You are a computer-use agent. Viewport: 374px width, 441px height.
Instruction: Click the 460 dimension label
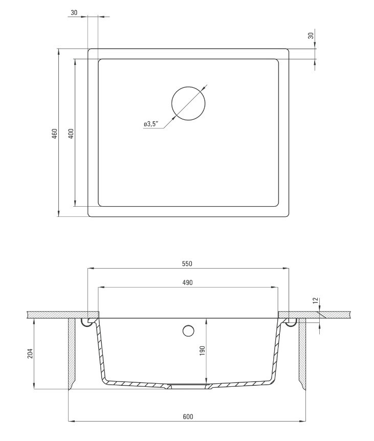tap(54, 134)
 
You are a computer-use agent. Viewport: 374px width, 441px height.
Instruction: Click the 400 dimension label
tap(71, 133)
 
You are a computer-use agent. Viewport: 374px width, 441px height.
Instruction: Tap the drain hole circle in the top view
tap(189, 102)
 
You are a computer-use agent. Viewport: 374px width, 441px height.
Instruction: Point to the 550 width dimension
tap(187, 264)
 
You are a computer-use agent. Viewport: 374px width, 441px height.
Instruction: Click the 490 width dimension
tap(187, 283)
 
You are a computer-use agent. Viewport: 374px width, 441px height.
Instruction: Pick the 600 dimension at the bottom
tap(187, 417)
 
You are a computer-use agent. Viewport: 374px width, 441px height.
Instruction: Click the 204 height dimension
tap(29, 353)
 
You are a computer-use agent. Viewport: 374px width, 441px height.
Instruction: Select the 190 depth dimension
tap(202, 350)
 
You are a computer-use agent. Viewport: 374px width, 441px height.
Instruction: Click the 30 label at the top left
tap(75, 13)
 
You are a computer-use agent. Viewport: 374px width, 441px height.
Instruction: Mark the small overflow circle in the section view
tap(188, 331)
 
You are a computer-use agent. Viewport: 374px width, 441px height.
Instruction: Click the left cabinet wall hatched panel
tap(72, 353)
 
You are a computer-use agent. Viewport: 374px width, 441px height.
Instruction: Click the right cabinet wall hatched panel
tap(302, 353)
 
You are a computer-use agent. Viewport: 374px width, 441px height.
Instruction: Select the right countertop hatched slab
tap(327, 314)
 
